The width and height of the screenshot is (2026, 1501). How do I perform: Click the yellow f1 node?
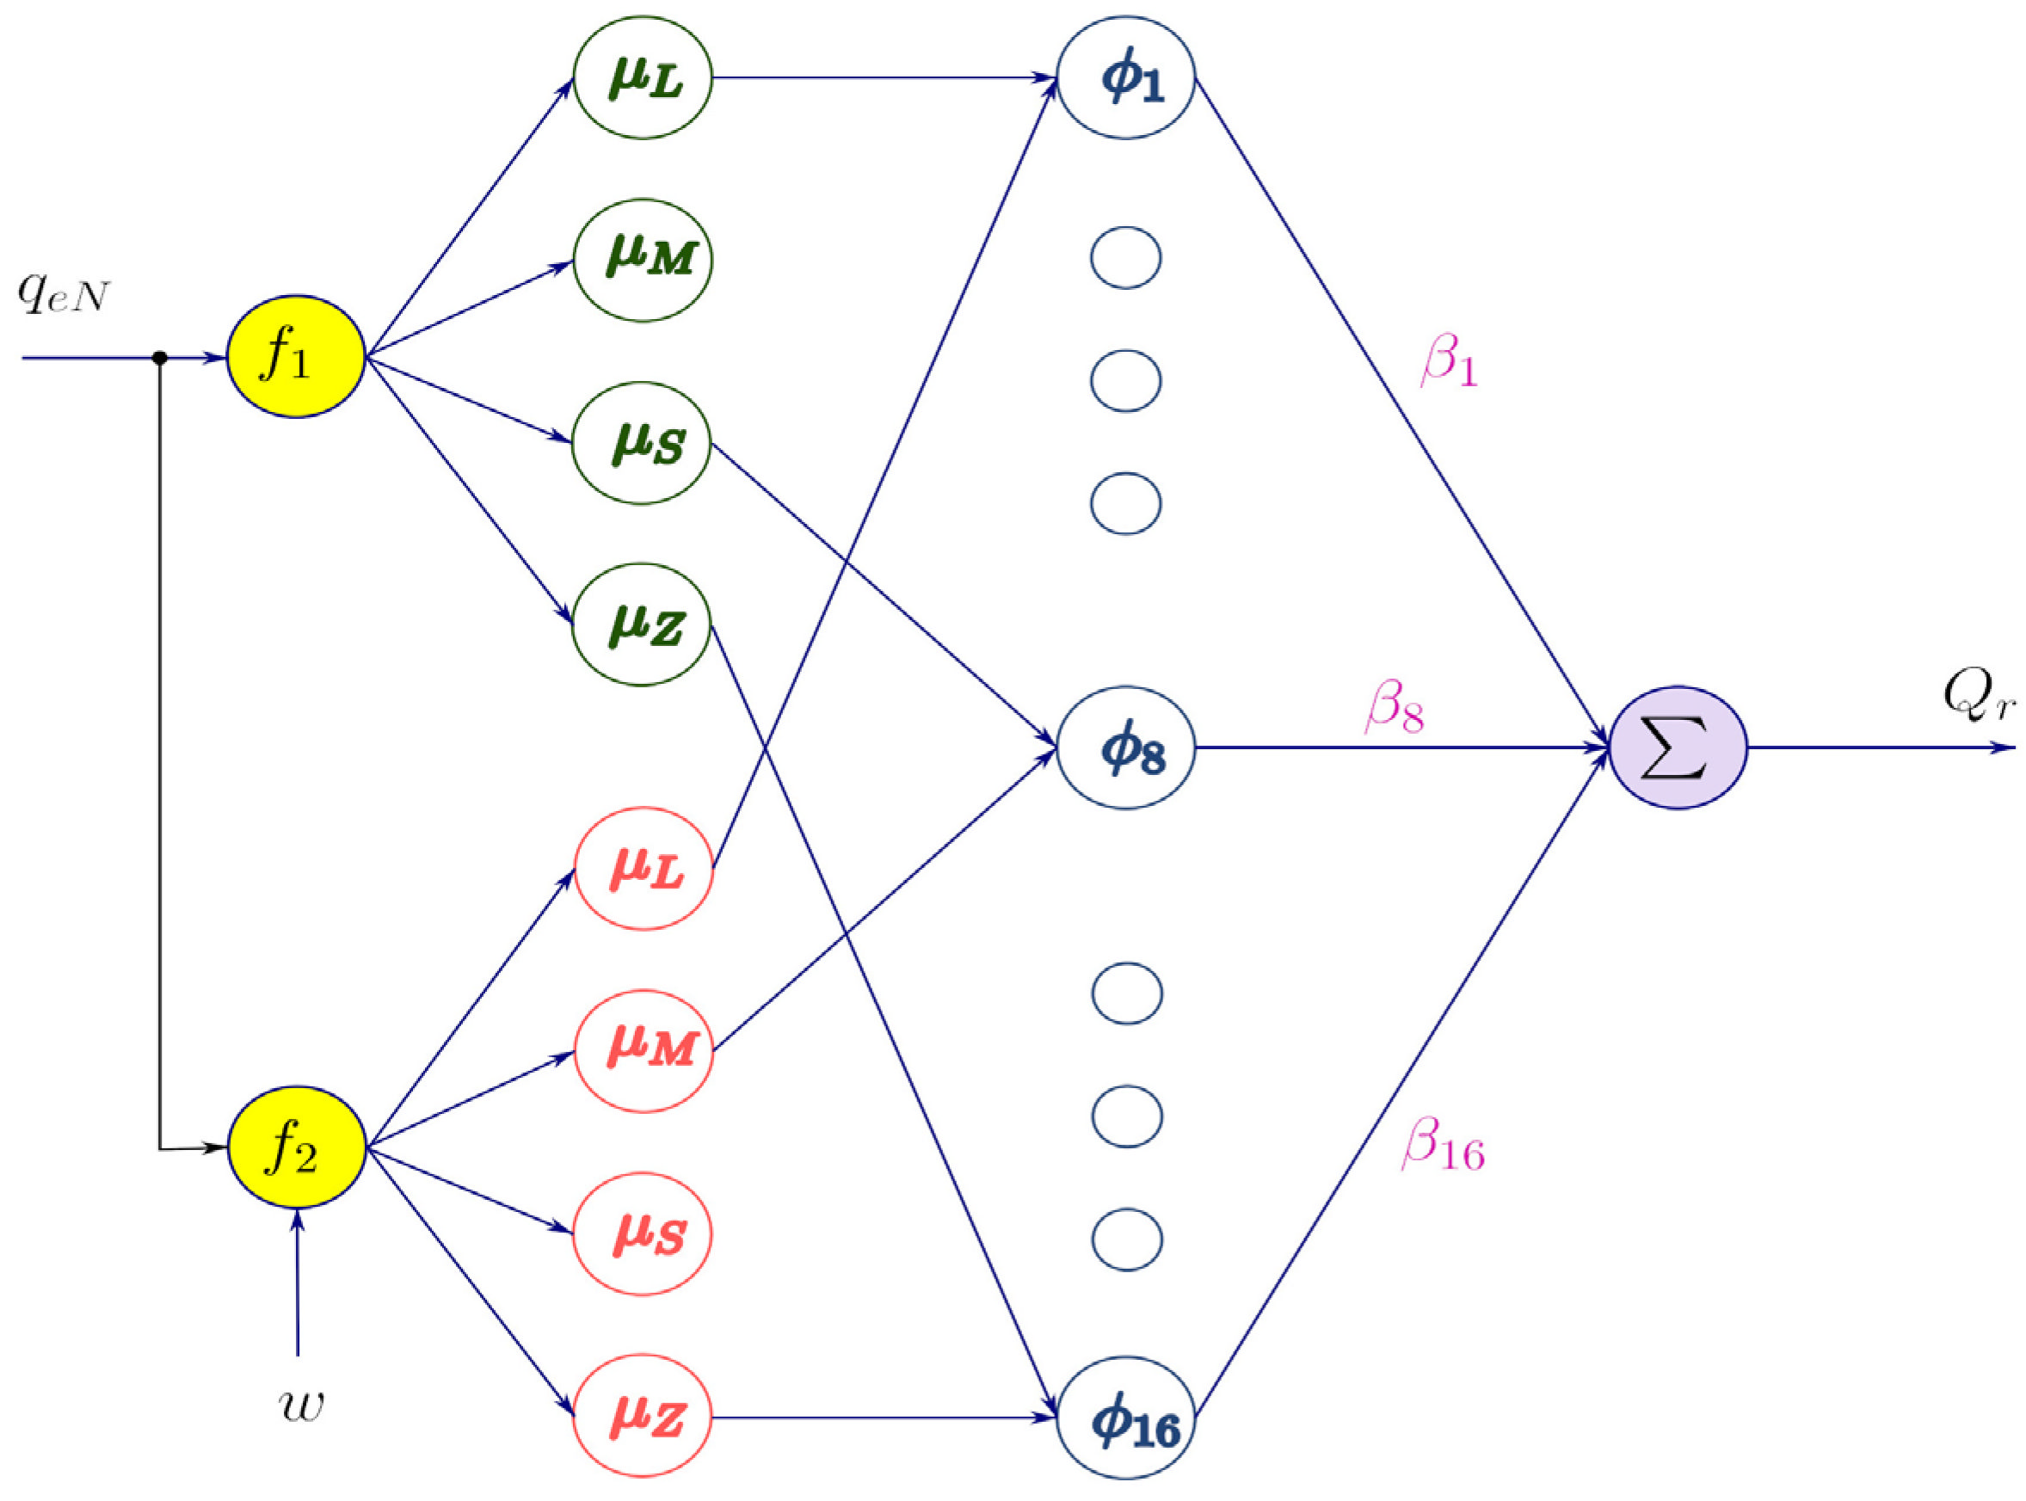pyautogui.click(x=295, y=356)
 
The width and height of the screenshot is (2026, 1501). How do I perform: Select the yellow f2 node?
pyautogui.click(x=295, y=1147)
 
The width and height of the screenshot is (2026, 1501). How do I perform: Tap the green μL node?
pyautogui.click(x=643, y=77)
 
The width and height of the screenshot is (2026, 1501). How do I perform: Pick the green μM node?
pyautogui.click(x=643, y=260)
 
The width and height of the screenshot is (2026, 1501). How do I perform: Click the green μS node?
pyautogui.click(x=641, y=442)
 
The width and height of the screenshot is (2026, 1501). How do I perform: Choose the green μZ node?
pyautogui.click(x=641, y=624)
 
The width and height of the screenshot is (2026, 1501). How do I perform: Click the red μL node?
pyautogui.click(x=644, y=868)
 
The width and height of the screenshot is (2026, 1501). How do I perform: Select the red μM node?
pyautogui.click(x=644, y=1050)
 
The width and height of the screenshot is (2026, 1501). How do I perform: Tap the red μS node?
pyautogui.click(x=642, y=1233)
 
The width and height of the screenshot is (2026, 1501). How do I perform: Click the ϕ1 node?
pyautogui.click(x=1124, y=77)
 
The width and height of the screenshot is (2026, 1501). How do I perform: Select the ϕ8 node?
pyautogui.click(x=1124, y=747)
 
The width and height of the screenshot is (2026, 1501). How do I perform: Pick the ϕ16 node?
pyautogui.click(x=1124, y=1418)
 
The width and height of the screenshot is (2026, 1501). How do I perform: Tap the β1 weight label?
pyautogui.click(x=1448, y=360)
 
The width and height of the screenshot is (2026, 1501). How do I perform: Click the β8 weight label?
pyautogui.click(x=1394, y=707)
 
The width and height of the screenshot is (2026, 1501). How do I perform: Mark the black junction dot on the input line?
pyautogui.click(x=160, y=358)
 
